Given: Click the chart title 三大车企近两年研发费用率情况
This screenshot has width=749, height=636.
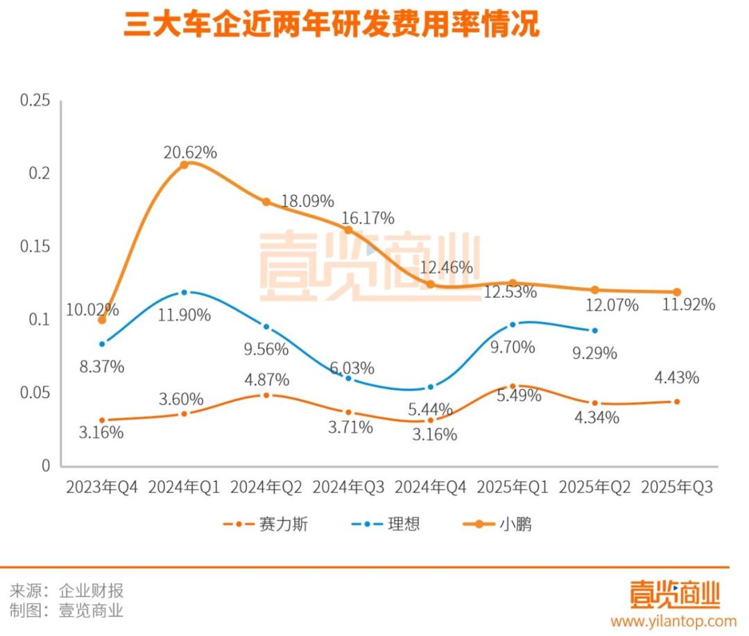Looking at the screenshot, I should pos(332,26).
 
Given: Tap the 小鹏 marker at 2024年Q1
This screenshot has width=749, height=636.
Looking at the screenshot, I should pos(184,165).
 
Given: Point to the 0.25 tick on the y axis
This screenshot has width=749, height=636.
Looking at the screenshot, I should pos(36,101).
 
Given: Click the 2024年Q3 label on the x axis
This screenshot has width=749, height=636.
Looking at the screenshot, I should pos(348,488).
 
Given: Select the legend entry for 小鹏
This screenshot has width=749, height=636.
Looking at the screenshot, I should pos(498,524).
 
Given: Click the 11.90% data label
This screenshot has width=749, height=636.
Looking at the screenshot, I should pos(184,315).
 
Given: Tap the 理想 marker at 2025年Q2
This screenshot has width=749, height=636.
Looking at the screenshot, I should pos(594,330).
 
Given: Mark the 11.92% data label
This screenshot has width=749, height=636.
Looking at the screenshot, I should pos(687,304).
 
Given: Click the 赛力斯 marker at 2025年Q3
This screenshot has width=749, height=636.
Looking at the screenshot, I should pos(677,402).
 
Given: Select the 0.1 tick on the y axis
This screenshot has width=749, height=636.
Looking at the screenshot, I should pos(41,320).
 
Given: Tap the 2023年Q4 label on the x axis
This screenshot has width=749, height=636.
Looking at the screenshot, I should pos(102,488).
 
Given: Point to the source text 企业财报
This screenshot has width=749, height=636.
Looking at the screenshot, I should pos(91,591).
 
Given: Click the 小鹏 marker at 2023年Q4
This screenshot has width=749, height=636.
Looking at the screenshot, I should pos(102,320).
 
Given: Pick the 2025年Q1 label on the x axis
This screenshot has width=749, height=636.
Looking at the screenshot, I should pos(513,488).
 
